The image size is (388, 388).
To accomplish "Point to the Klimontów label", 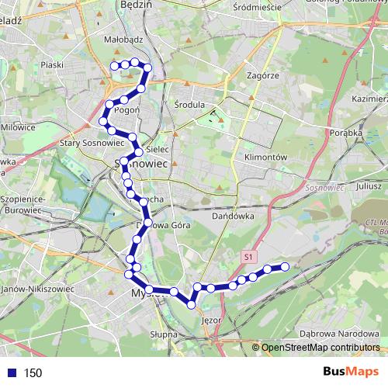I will (x=266, y=156).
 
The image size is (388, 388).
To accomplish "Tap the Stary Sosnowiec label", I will (x=88, y=144).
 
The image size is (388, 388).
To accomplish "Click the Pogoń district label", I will (x=126, y=110).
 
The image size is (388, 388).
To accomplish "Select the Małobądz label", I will (x=120, y=36).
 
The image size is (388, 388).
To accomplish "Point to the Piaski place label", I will (x=53, y=65).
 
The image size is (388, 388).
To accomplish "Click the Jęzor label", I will (x=210, y=320).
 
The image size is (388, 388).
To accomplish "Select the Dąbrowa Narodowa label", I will (x=334, y=334).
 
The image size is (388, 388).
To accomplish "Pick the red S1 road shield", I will (x=248, y=255).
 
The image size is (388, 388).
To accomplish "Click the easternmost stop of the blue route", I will (x=285, y=267).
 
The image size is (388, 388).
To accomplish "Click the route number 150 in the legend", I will (x=33, y=373).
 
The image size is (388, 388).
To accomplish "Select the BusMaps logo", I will (x=352, y=372).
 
